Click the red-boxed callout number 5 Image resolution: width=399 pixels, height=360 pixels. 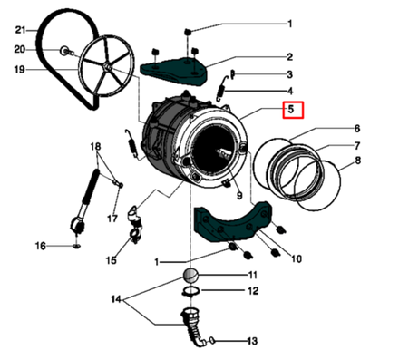pyautogui.click(x=291, y=110)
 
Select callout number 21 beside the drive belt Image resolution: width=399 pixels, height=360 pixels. pyautogui.click(x=21, y=30)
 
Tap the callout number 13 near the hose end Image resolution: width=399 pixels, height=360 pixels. pyautogui.click(x=252, y=341)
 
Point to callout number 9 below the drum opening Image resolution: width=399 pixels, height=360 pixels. pyautogui.click(x=239, y=196)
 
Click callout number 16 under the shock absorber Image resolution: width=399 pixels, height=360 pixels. pyautogui.click(x=41, y=246)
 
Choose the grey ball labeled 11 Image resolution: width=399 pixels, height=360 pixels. pyautogui.click(x=190, y=276)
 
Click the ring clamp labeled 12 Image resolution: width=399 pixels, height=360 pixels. pyautogui.click(x=191, y=291)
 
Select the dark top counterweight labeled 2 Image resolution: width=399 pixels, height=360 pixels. pyautogui.click(x=174, y=72)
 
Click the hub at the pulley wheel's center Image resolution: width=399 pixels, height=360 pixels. pyautogui.click(x=106, y=67)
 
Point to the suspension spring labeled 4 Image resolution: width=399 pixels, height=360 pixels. pyautogui.click(x=223, y=88)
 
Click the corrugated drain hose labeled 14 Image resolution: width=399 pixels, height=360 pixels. pyautogui.click(x=192, y=327)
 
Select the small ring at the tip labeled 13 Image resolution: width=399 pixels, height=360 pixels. pyautogui.click(x=212, y=341)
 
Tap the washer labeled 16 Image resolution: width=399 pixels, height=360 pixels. pyautogui.click(x=76, y=247)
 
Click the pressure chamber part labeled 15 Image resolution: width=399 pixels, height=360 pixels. pyautogui.click(x=135, y=224)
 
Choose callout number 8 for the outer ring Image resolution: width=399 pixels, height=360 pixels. pyautogui.click(x=357, y=160)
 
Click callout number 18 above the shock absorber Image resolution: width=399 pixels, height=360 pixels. pyautogui.click(x=95, y=147)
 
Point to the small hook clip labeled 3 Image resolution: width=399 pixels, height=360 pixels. pyautogui.click(x=232, y=74)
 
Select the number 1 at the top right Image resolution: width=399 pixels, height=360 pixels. pyautogui.click(x=289, y=24)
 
